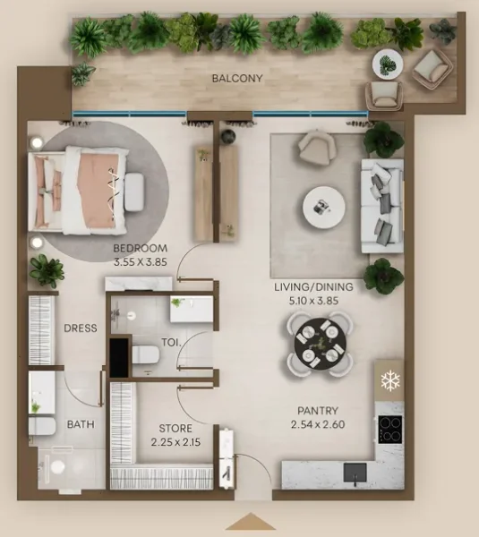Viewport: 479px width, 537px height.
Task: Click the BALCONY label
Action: click(237, 79)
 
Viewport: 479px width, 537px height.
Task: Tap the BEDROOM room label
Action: click(141, 248)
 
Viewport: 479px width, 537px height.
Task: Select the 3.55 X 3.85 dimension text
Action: click(141, 263)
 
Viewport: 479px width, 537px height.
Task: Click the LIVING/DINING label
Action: click(313, 287)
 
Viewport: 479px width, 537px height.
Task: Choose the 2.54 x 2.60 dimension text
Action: click(318, 425)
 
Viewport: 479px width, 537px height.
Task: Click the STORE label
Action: click(176, 429)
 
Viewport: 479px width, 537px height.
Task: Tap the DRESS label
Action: click(80, 328)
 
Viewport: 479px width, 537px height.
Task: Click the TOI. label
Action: click(171, 342)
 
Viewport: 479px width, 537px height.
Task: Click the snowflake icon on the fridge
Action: click(389, 380)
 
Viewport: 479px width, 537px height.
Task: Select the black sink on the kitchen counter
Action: click(355, 471)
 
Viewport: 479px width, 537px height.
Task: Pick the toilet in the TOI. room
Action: click(146, 354)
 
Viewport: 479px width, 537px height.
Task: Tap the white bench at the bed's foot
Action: click(133, 191)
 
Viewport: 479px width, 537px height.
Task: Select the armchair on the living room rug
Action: click(315, 148)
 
